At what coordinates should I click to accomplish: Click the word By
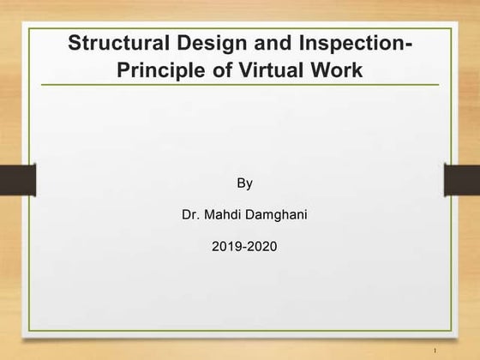[244, 183]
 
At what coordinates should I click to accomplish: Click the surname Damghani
[276, 215]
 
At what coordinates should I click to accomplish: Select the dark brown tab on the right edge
[462, 180]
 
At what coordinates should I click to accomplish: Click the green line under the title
[240, 85]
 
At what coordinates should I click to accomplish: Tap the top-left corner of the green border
[29, 28]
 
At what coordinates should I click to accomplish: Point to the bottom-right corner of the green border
[451, 331]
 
